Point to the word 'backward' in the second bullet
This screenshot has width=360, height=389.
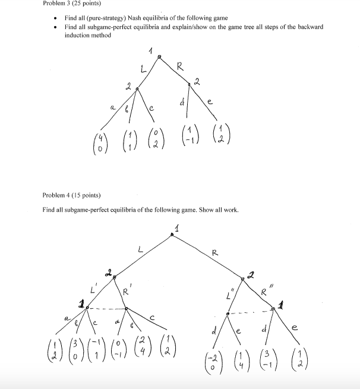[x=308, y=27]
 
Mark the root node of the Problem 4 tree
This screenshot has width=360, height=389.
[x=173, y=234]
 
